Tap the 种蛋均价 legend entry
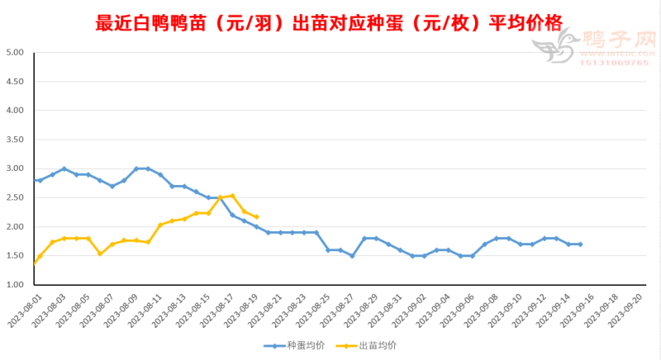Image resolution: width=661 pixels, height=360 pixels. coord(292,346)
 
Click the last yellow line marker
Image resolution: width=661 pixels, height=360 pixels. coord(256,216)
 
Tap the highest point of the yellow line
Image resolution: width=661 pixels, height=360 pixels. coord(232,196)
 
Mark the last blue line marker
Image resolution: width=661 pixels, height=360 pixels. coord(581,244)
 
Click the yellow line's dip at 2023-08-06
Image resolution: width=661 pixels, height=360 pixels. coord(100,253)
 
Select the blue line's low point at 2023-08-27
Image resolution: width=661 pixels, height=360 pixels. coord(352,256)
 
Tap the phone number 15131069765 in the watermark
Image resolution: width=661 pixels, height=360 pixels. coord(615,63)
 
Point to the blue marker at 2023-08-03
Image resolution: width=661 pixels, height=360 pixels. coord(64,168)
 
